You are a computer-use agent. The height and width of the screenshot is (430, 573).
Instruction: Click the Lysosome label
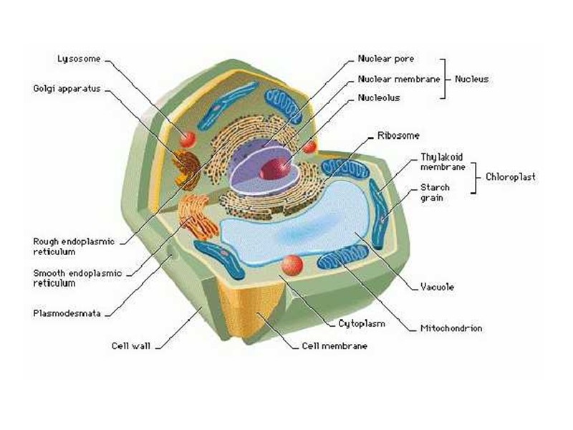[75, 59]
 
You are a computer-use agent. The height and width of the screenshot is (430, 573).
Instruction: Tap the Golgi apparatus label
[67, 89]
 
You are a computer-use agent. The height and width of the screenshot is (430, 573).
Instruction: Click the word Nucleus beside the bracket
[471, 79]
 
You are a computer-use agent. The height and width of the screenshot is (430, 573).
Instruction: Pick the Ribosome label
[398, 135]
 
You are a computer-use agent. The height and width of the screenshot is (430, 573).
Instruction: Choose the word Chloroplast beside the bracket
[511, 176]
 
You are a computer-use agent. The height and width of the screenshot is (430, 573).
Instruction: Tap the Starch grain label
[435, 193]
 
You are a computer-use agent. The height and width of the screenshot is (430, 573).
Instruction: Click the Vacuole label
[437, 287]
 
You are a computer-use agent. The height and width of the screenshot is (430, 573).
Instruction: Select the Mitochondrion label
[451, 328]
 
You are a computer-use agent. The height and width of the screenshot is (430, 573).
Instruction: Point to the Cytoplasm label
[362, 323]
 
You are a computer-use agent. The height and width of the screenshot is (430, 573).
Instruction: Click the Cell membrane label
[334, 346]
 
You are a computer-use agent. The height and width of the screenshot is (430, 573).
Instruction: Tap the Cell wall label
[130, 345]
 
